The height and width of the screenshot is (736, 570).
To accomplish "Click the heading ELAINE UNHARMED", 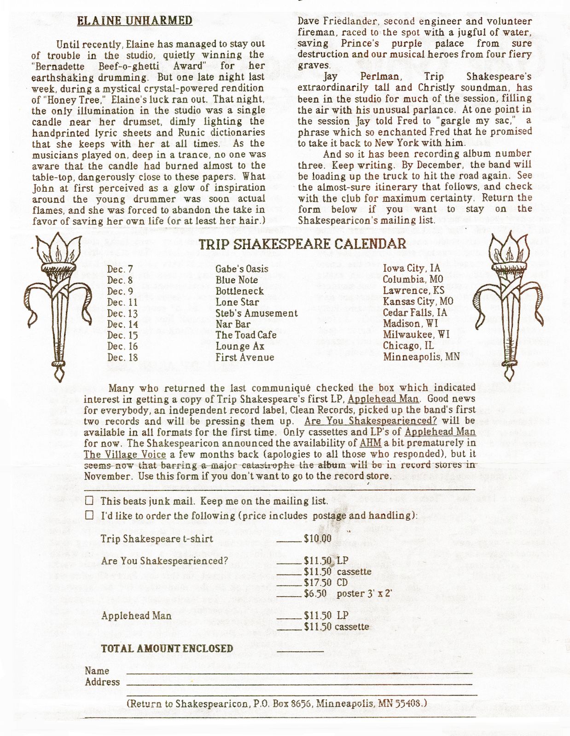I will click(134, 21).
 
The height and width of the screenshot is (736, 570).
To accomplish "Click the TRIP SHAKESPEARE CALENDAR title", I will click(302, 244).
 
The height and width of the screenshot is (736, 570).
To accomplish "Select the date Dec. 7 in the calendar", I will click(120, 269).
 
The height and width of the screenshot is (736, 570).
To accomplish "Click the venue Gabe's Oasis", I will click(242, 269).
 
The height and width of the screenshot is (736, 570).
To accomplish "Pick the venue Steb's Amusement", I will click(256, 313).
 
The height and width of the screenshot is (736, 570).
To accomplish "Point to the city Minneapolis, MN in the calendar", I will click(421, 356).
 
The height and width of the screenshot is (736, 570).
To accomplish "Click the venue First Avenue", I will click(244, 357).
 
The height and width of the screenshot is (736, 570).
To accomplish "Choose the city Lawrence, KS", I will click(413, 291).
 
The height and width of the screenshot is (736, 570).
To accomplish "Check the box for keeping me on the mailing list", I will click(89, 500).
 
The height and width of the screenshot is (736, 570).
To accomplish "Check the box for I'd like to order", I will click(89, 515).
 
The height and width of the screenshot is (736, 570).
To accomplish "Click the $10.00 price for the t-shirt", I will click(318, 539).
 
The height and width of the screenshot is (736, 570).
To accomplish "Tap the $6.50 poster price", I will click(315, 593).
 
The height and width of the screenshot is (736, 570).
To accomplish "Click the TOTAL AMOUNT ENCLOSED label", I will click(167, 649).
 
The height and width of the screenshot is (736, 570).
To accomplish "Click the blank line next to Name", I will click(299, 672).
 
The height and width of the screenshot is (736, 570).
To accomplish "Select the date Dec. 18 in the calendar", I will click(122, 357).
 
